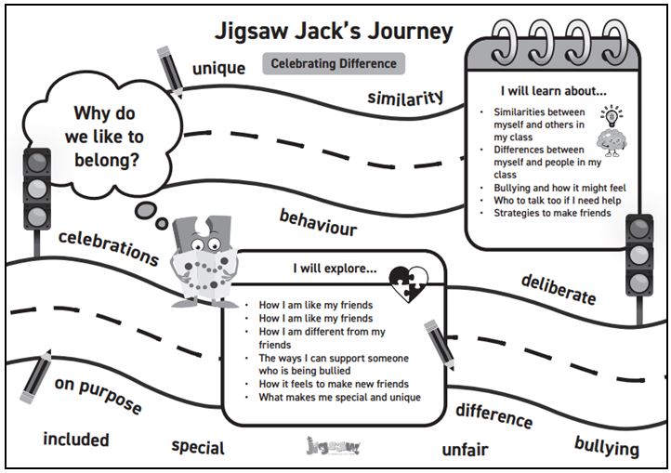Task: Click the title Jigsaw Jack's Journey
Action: [334, 32]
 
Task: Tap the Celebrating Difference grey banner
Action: [334, 64]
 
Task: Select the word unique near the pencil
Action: [218, 69]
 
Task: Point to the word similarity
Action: [405, 98]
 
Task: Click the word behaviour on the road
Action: [318, 223]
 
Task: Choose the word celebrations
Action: [109, 248]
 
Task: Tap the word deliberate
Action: [559, 289]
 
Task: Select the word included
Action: [76, 440]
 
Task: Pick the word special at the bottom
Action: [198, 447]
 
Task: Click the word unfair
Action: [466, 450]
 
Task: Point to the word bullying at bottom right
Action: [607, 447]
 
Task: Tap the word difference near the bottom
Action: [494, 415]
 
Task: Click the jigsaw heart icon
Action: [408, 283]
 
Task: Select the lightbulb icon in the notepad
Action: [612, 115]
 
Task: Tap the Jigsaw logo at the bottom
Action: [334, 446]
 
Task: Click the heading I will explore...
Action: [335, 269]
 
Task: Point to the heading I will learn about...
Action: [554, 91]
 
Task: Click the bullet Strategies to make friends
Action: [552, 213]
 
